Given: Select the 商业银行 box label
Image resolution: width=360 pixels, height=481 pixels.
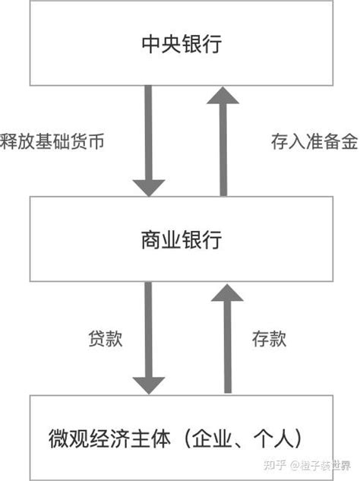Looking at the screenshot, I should click(x=181, y=241).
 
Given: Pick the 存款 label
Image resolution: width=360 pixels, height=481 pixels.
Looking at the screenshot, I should click(x=268, y=340).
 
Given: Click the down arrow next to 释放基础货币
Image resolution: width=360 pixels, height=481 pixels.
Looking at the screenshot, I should click(x=148, y=141).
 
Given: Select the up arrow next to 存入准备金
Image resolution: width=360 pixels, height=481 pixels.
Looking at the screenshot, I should click(x=223, y=141).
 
